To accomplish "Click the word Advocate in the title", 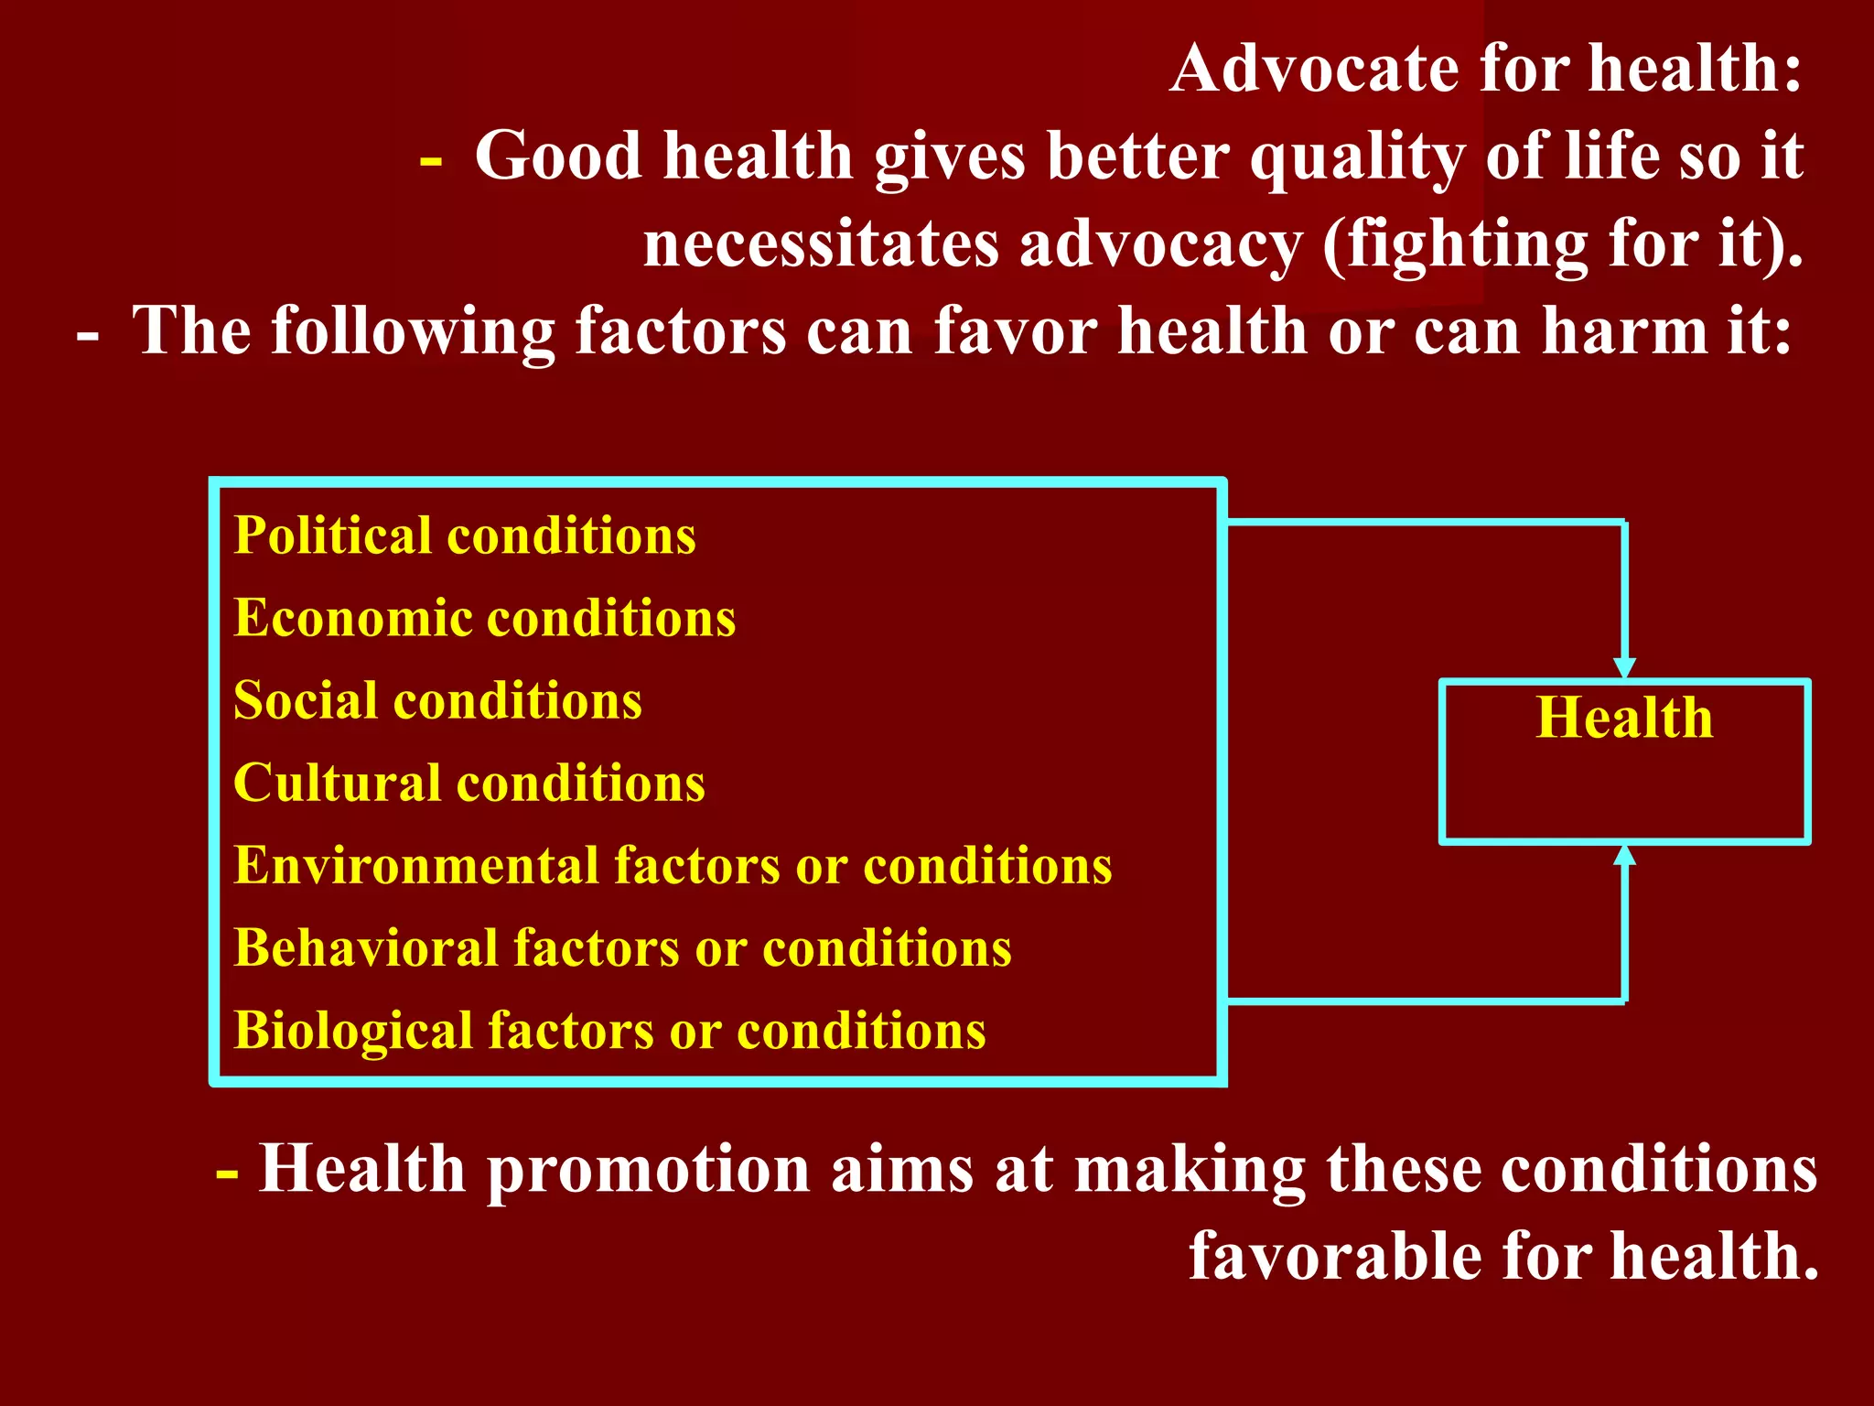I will (1314, 69).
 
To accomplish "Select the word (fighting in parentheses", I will (1454, 244).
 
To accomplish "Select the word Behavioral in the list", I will (363, 947).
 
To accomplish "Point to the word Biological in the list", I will (351, 1030).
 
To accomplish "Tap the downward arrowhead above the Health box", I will (1624, 668).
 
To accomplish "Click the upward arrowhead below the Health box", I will (1624, 855).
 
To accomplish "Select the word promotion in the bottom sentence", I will (648, 1169).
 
